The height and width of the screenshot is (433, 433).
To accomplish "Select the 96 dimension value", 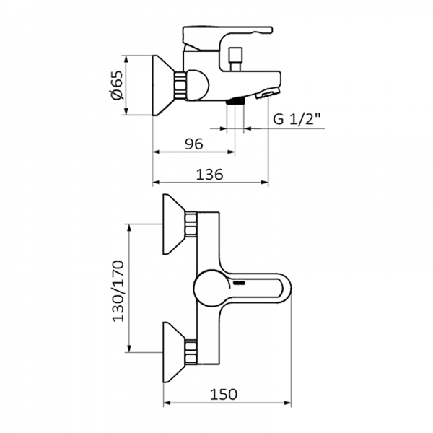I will (x=193, y=144).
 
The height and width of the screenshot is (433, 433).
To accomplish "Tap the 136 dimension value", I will (x=209, y=174).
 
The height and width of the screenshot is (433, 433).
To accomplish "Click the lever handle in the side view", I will (x=227, y=35).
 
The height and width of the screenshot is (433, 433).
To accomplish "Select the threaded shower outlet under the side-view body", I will (x=235, y=103).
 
